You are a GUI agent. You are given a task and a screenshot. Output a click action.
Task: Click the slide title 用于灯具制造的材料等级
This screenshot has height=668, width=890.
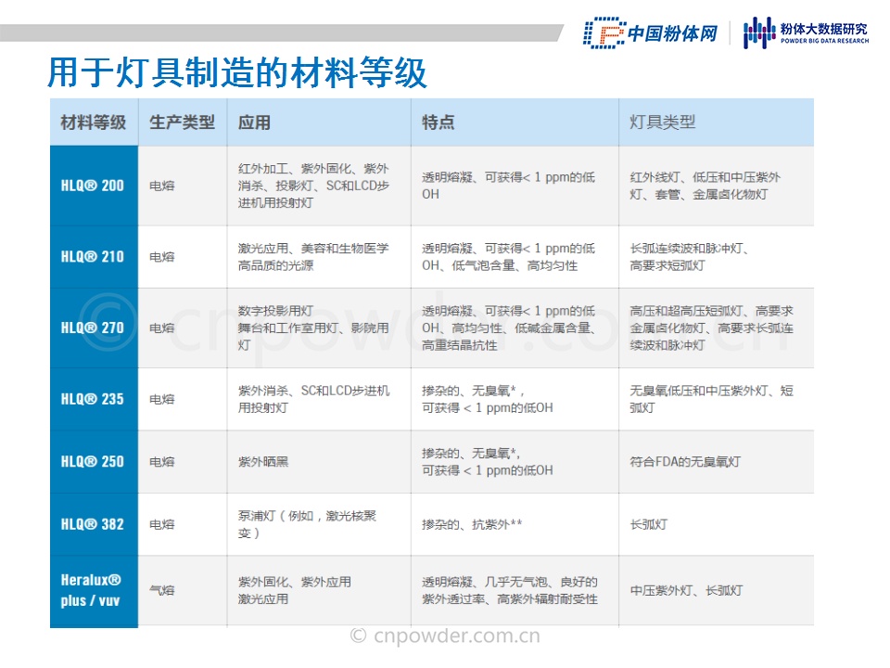click(x=236, y=73)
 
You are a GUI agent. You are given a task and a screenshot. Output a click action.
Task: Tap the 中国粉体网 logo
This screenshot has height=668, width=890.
click(x=651, y=33)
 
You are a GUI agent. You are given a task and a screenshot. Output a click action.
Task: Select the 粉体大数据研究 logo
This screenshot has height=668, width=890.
click(x=806, y=32)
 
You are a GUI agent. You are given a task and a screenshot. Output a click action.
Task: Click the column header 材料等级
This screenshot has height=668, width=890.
click(x=93, y=122)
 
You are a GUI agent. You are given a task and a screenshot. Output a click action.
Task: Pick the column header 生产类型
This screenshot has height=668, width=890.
click(x=183, y=122)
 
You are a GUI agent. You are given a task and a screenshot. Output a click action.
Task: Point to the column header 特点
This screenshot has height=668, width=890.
click(x=438, y=122)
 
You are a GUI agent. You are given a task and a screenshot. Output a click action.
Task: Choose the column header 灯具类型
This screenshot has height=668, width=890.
click(x=662, y=122)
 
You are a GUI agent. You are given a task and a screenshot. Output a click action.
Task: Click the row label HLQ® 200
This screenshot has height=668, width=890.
click(x=93, y=186)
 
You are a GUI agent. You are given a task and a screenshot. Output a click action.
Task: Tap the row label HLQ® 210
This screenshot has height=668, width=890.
click(x=93, y=257)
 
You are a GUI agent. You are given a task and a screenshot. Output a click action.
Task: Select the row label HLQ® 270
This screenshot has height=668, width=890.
click(x=93, y=328)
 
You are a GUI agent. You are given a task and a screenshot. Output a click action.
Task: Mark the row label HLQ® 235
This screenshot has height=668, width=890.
click(x=93, y=399)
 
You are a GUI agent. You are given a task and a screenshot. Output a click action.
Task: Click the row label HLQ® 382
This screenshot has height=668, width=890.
click(x=93, y=523)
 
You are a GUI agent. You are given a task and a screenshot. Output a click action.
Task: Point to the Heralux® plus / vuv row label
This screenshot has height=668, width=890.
click(x=91, y=590)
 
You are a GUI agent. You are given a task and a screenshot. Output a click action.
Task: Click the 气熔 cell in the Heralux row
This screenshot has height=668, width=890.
click(x=161, y=590)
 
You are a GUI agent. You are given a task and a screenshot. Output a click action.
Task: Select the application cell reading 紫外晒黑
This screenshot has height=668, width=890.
click(x=263, y=462)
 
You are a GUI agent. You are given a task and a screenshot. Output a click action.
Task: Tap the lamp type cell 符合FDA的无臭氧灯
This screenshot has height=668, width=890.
click(x=685, y=462)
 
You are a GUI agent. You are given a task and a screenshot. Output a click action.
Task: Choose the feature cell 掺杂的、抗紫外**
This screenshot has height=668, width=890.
click(x=472, y=524)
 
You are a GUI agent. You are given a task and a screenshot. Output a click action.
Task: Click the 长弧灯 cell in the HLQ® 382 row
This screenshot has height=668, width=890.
click(x=649, y=524)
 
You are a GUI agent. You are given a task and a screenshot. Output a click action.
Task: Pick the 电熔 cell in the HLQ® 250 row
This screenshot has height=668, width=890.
click(x=161, y=462)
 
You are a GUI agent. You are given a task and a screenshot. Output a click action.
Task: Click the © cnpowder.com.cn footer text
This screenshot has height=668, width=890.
click(x=445, y=636)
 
